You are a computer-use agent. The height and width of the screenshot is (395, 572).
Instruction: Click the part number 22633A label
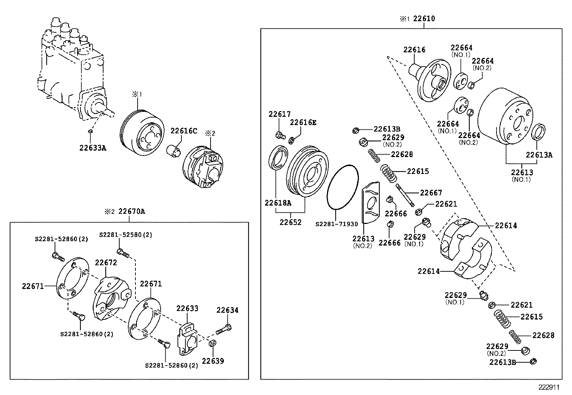click(x=92, y=147)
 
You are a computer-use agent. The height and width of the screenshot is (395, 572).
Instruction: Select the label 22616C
click(x=184, y=131)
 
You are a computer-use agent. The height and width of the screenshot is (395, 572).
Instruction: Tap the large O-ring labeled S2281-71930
click(x=343, y=187)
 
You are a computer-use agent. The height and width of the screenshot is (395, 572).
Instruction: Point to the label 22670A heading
click(x=132, y=211)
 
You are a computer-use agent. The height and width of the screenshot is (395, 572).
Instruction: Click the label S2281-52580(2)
click(x=126, y=235)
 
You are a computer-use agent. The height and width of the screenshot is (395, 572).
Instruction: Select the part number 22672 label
click(x=106, y=263)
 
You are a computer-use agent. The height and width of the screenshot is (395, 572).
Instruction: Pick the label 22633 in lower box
click(x=187, y=308)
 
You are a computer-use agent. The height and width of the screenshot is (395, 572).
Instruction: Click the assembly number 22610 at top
click(x=424, y=19)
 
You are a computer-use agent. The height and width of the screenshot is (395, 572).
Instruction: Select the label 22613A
click(x=539, y=155)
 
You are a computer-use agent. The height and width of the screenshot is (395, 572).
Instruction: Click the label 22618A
click(x=278, y=203)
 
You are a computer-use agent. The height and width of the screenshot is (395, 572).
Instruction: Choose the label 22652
click(x=290, y=222)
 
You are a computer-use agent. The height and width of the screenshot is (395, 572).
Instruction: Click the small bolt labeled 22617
click(x=280, y=136)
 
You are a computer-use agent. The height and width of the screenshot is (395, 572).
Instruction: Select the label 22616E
click(x=303, y=122)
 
